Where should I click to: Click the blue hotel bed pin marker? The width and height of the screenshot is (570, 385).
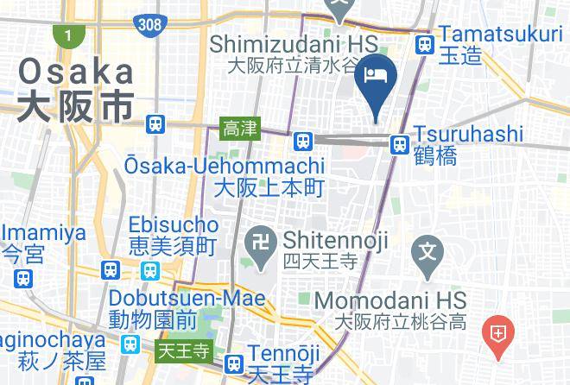pos(377,78)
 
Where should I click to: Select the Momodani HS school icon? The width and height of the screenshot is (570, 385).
pos(427,252)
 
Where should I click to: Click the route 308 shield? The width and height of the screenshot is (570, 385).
pos(149,24)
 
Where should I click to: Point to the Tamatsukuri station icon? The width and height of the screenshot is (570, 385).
pos(424,45)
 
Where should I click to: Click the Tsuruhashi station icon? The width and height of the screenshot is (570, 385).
pos(400,144)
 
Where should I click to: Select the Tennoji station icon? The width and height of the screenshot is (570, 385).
pos(232,364)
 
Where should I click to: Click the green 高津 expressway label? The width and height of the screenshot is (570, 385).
pos(240,129)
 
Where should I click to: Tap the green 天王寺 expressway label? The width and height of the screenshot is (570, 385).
pos(183,351)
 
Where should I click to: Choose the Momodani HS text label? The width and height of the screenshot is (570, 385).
pos(391,300)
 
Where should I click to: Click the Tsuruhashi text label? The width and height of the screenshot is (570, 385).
pos(468,134)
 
